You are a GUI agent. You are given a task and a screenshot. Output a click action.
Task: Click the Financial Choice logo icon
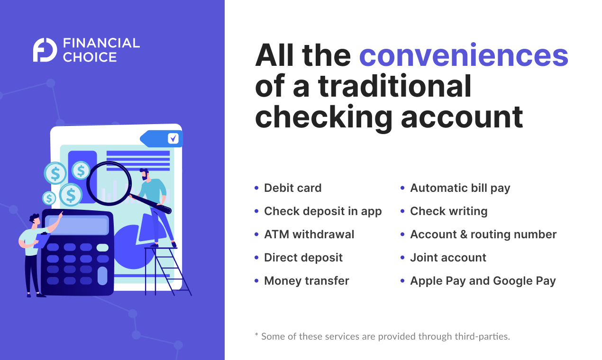45,50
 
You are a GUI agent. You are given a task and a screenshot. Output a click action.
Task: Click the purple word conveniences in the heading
463,56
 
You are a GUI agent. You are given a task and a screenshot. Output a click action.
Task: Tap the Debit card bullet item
292,188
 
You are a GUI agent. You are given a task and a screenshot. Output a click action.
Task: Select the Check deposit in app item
322,211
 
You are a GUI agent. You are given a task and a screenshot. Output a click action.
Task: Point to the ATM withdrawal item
309,234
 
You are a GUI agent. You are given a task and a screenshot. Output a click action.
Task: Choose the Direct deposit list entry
303,258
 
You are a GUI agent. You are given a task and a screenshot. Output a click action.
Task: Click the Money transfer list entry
306,281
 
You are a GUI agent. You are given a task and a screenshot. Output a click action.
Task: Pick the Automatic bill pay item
460,188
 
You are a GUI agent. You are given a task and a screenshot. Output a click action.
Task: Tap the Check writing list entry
448,211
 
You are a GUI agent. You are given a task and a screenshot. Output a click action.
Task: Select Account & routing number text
483,234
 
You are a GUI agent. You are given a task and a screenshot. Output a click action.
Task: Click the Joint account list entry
448,258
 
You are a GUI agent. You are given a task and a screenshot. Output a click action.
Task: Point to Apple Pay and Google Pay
483,281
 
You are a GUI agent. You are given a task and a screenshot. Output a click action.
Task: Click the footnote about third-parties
382,337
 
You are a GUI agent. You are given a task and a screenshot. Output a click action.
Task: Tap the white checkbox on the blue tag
173,138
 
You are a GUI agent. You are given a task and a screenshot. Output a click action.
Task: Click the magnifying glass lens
109,182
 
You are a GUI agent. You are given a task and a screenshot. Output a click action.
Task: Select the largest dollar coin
71,195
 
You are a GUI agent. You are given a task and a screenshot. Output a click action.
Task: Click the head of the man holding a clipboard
35,220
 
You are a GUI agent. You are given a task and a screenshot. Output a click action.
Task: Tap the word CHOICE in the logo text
90,57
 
